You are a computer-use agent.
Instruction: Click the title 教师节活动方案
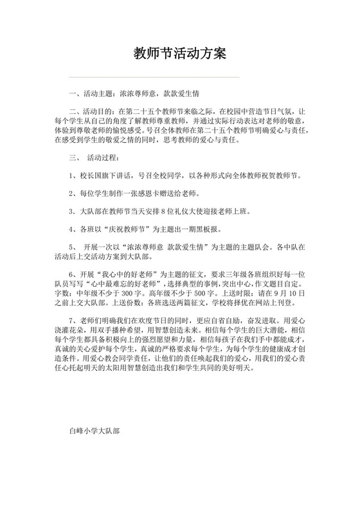point(179,52)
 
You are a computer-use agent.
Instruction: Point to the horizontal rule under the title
point(179,77)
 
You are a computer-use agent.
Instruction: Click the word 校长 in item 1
point(85,175)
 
